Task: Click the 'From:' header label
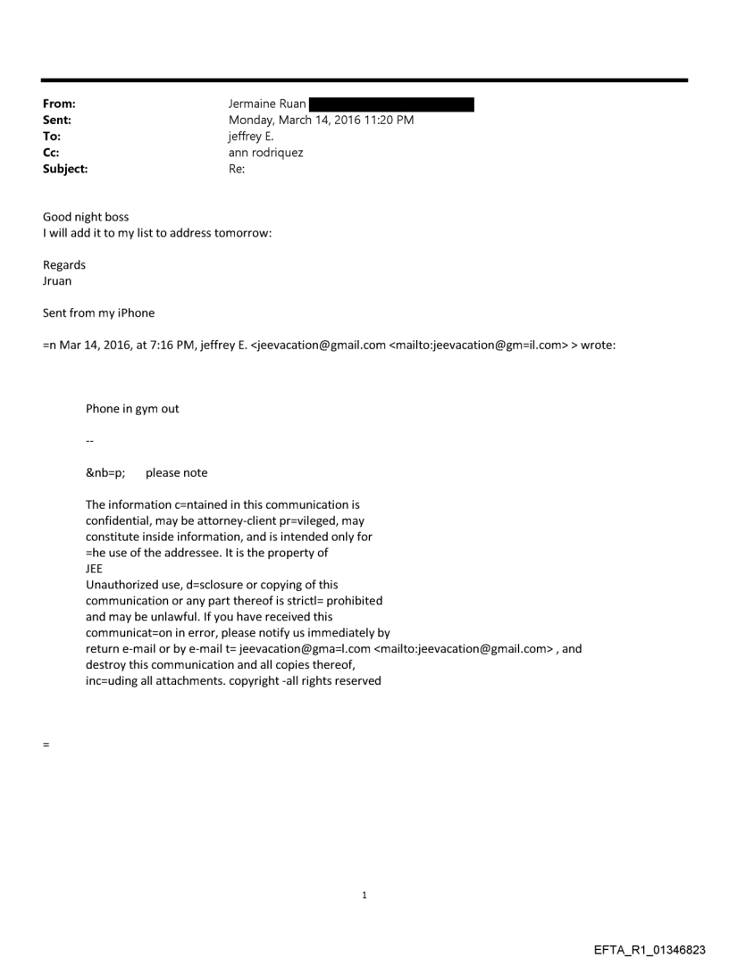(59, 104)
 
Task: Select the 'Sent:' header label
(57, 121)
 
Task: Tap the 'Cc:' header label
(52, 152)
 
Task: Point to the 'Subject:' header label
(65, 167)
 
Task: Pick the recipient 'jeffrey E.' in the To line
(254, 136)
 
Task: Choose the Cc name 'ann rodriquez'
(266, 152)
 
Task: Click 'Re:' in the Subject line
(238, 167)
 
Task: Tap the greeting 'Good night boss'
(86, 217)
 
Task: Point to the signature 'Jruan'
(58, 280)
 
